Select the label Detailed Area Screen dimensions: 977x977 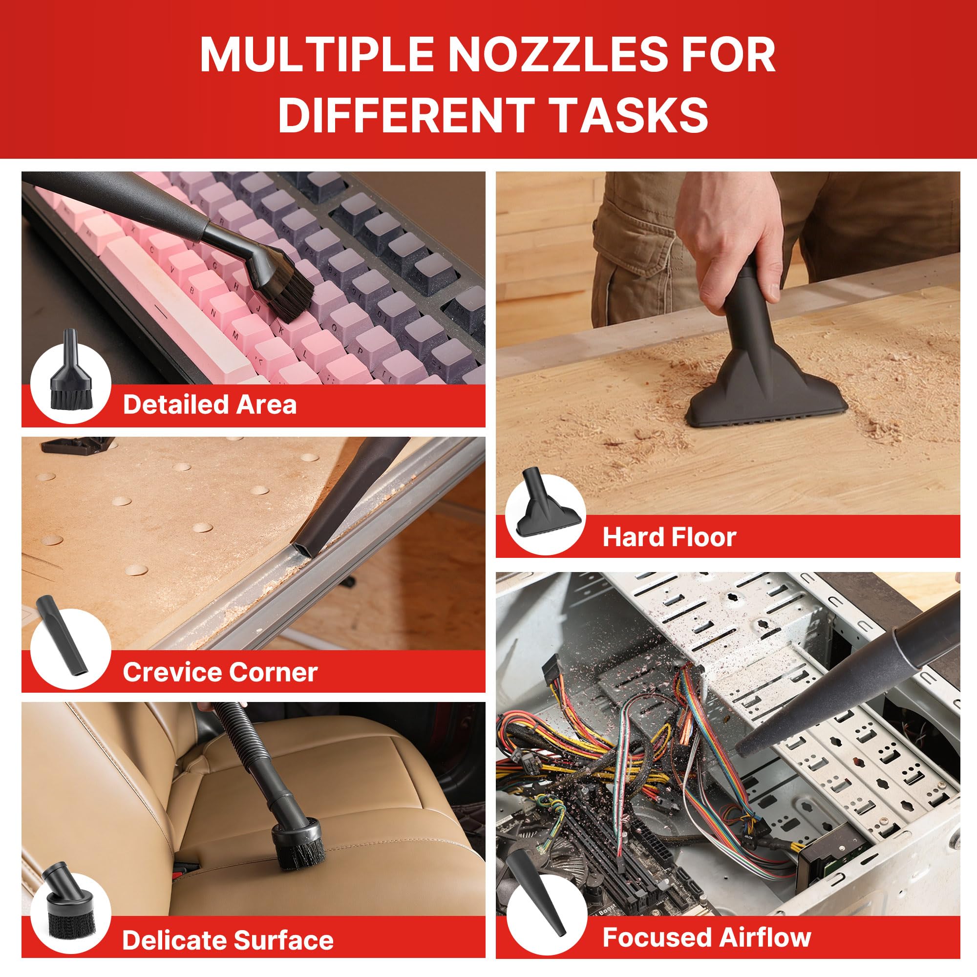(x=210, y=405)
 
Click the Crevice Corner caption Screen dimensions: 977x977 (x=220, y=673)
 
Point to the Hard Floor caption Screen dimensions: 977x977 (x=669, y=537)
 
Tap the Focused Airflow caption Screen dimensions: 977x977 (x=706, y=937)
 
